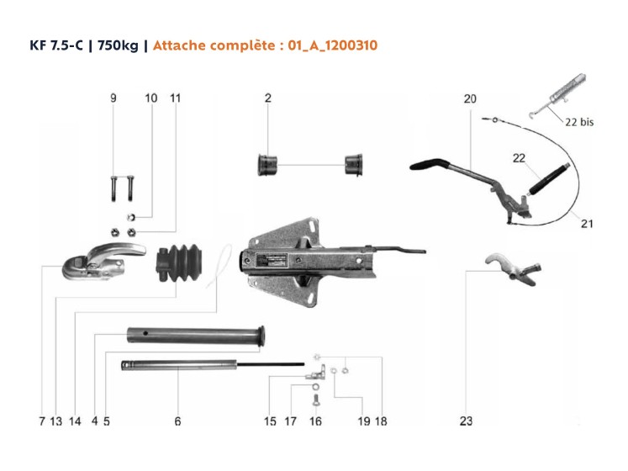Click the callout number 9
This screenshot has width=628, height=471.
[x=113, y=98]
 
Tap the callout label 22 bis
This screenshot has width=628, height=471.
[x=579, y=122]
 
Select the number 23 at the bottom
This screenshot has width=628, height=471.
[x=466, y=421]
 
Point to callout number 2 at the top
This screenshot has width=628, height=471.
[x=268, y=98]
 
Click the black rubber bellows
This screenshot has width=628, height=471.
[x=178, y=262]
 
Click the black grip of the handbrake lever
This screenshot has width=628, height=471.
[x=430, y=164]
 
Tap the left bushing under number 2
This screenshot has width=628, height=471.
[x=267, y=164]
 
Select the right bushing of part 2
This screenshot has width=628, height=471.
[x=354, y=164]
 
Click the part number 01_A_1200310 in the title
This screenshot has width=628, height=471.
[x=332, y=45]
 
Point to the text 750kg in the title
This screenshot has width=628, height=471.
[x=118, y=45]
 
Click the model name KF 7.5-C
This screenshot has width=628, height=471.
[x=56, y=45]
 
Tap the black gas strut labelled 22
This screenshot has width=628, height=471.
[x=549, y=180]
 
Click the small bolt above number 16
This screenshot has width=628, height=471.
[x=315, y=400]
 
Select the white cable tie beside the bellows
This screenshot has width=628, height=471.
[x=219, y=266]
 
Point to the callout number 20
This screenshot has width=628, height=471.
[x=470, y=98]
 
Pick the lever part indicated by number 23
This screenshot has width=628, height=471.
[x=514, y=268]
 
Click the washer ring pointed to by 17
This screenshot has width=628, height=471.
[x=315, y=387]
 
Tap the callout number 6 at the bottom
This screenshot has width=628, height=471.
[x=177, y=421]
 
